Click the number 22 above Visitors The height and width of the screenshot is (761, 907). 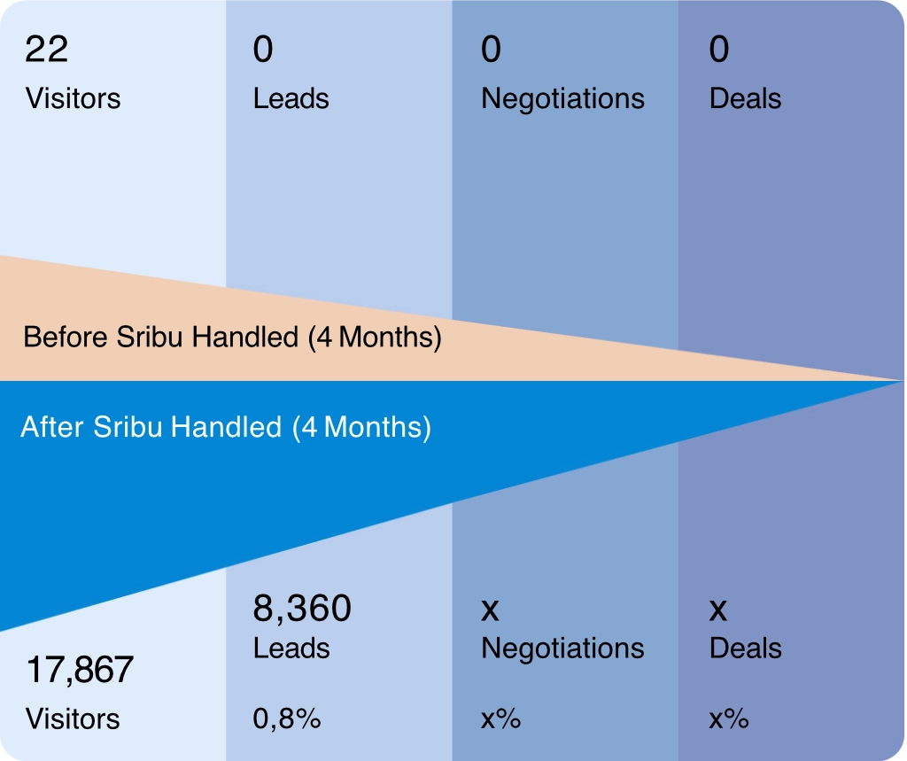click(46, 50)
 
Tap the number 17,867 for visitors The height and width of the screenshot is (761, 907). click(79, 670)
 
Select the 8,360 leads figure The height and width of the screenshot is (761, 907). click(302, 609)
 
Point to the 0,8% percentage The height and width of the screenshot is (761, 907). click(286, 719)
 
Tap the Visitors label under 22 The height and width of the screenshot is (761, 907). click(73, 98)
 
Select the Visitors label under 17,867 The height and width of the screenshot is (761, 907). click(73, 718)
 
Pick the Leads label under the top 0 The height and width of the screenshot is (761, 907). click(291, 98)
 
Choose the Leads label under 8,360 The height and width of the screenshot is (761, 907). click(291, 648)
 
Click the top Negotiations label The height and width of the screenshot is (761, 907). click(562, 98)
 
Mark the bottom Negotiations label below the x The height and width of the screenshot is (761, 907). click(562, 648)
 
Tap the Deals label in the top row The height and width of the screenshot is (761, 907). click(745, 98)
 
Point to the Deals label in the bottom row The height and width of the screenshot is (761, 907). click(745, 648)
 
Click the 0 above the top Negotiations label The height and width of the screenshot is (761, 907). click(491, 50)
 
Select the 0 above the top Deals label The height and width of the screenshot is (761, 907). click(719, 50)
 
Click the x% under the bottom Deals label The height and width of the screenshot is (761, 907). click(728, 719)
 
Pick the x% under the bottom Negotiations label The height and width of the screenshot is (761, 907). click(500, 719)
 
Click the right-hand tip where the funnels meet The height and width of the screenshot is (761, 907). click(898, 381)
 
